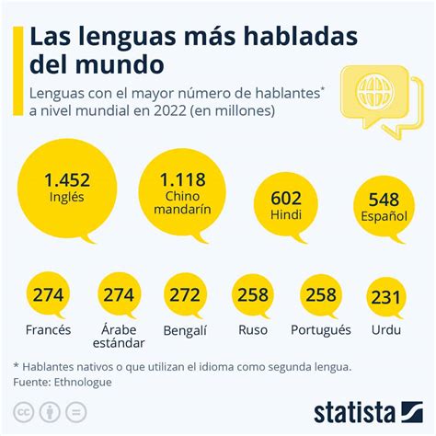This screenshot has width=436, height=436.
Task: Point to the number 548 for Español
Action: pyautogui.click(x=383, y=201)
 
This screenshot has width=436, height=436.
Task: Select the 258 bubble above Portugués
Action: pyautogui.click(x=319, y=294)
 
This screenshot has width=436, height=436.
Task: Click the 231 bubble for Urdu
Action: pyautogui.click(x=386, y=296)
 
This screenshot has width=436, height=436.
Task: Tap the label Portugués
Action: pyautogui.click(x=320, y=329)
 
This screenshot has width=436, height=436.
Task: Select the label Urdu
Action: pyautogui.click(x=386, y=329)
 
